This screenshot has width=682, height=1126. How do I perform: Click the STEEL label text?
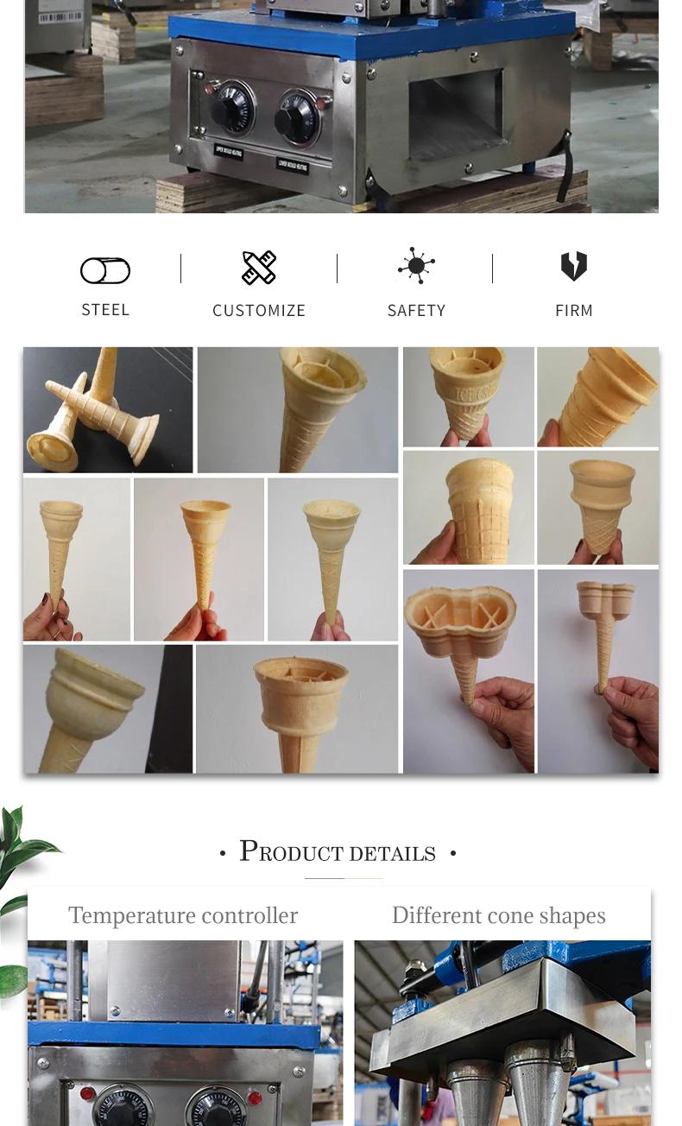105,309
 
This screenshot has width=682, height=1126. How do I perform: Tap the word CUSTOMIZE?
259,310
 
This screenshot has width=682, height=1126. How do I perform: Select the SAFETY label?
416,310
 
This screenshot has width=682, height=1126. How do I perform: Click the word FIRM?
574,310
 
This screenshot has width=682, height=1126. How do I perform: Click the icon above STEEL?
105,271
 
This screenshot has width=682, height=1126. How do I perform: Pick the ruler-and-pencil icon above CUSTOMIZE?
259,268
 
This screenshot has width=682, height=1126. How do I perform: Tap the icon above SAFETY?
416,266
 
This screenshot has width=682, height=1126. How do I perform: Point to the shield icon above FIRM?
574,266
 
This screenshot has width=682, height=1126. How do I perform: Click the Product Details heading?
338,852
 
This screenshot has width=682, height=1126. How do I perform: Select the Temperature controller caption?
183,915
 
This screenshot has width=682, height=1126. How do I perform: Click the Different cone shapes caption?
499,915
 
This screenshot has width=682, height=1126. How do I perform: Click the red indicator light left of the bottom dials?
86,1094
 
